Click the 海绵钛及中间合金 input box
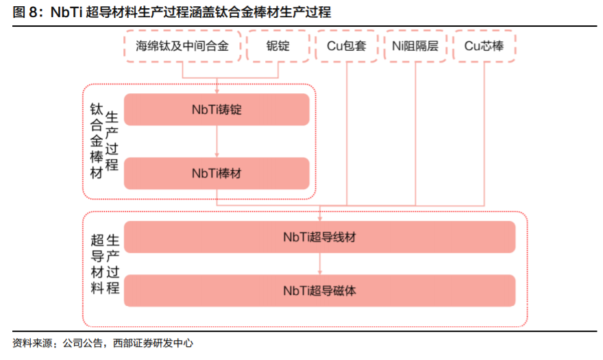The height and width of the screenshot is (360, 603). (182, 46)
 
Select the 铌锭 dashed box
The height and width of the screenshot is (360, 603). (278, 46)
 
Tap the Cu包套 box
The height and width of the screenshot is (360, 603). (346, 46)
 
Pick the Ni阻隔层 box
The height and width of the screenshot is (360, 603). (415, 46)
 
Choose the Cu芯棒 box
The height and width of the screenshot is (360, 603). (484, 46)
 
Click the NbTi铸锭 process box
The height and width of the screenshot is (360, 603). (217, 110)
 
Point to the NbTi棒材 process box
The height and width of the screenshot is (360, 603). (217, 173)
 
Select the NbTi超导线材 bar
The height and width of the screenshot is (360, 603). (319, 237)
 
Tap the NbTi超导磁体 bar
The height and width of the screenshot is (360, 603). (319, 290)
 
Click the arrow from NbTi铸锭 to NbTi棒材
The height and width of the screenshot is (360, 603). (217, 141)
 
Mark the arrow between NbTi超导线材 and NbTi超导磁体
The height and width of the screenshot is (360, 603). (319, 263)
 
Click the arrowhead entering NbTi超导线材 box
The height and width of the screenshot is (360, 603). (319, 217)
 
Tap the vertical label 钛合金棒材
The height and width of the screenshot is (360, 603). (97, 141)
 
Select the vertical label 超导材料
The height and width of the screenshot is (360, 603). (97, 263)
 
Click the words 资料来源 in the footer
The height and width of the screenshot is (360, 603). (31, 343)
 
